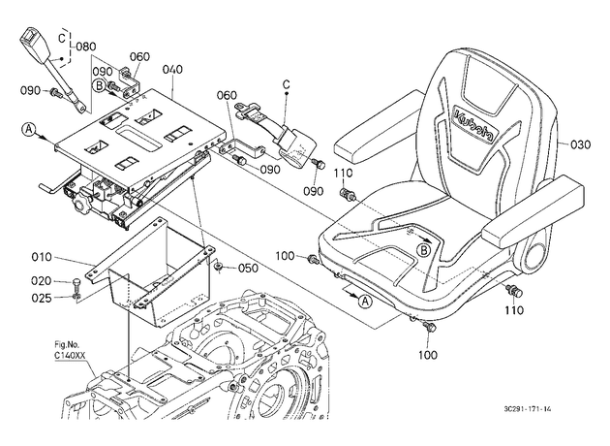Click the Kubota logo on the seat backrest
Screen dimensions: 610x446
(x=474, y=124)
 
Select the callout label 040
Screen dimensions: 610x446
(x=172, y=70)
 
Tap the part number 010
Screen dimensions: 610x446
(x=42, y=257)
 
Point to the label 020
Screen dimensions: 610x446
(x=42, y=281)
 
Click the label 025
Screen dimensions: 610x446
(x=42, y=298)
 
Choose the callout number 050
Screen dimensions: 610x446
(x=248, y=268)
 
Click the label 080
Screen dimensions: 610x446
(x=85, y=47)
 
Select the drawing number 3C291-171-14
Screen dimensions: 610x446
(x=527, y=409)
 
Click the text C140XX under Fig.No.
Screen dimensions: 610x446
(x=70, y=355)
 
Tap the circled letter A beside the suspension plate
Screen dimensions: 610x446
(x=29, y=129)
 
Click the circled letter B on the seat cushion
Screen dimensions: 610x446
(x=424, y=250)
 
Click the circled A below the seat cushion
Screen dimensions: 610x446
(x=365, y=301)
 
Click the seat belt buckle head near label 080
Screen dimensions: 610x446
(x=33, y=43)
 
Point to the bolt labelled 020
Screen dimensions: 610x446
(x=77, y=285)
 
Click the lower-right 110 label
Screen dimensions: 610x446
(x=515, y=310)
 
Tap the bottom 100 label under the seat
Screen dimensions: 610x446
(x=428, y=355)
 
